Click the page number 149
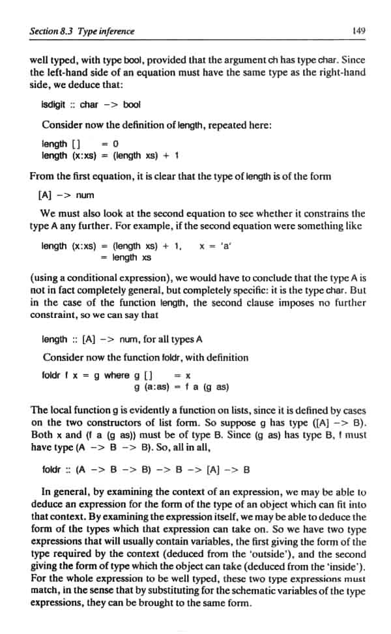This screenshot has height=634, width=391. pyautogui.click(x=358, y=30)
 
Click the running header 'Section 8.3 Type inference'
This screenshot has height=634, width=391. pyautogui.click(x=83, y=31)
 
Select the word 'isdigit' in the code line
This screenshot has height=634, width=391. pyautogui.click(x=57, y=105)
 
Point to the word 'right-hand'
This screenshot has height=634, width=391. pyautogui.click(x=342, y=72)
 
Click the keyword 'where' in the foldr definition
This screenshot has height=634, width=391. pyautogui.click(x=117, y=375)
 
